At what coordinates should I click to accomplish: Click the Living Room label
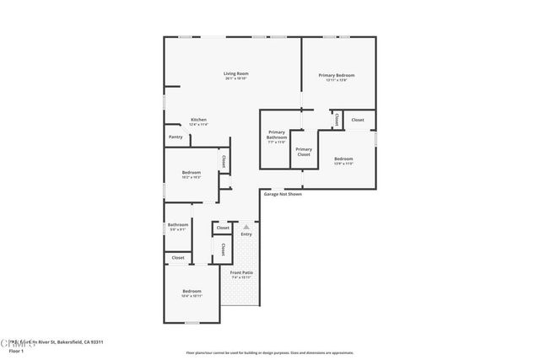[235, 73]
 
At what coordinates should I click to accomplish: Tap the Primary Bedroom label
[336, 75]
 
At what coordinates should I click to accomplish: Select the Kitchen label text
[198, 120]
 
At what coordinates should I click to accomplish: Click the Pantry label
[175, 137]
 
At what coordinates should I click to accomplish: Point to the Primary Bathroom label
[277, 135]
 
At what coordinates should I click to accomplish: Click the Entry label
[246, 234]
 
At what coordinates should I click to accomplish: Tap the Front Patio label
[242, 272]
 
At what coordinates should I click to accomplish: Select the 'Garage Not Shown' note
[283, 194]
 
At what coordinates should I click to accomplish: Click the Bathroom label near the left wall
[177, 224]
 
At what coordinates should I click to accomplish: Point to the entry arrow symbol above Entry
[246, 227]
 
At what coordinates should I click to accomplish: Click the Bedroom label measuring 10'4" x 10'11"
[192, 291]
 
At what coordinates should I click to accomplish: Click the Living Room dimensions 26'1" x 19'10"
[235, 78]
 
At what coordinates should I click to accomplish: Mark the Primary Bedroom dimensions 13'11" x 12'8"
[336, 80]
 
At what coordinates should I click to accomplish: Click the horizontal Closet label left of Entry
[223, 228]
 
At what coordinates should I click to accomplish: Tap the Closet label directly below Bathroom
[177, 257]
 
